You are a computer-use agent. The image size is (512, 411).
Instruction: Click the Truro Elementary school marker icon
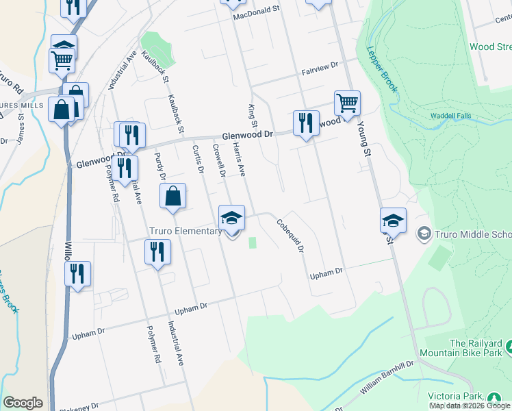click(232, 219)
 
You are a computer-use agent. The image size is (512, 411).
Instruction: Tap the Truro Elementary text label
click(185, 232)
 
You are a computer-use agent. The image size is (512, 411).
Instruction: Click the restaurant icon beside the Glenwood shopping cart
click(306, 123)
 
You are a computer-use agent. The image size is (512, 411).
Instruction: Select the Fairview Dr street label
click(320, 65)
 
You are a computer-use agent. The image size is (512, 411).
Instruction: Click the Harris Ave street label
click(239, 159)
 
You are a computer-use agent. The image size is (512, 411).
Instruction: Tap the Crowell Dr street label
click(219, 160)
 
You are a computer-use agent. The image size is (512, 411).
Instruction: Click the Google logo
click(23, 403)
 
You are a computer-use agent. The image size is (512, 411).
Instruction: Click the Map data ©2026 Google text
click(469, 406)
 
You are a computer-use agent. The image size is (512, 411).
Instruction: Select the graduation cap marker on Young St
click(393, 221)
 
